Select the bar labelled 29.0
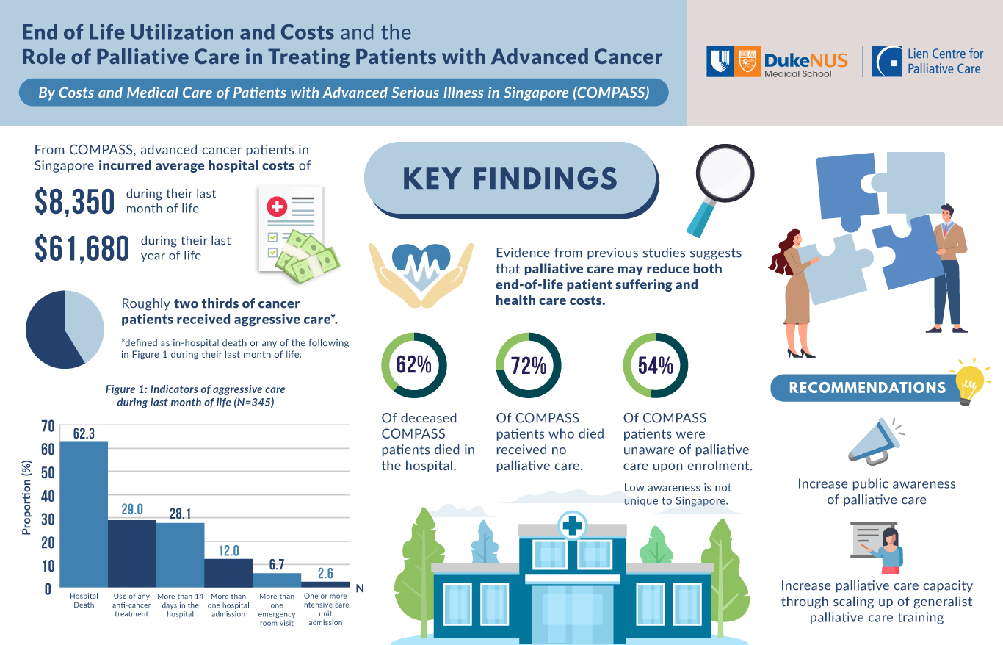click(x=132, y=552)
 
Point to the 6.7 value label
click(x=277, y=564)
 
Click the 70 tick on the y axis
click(x=48, y=426)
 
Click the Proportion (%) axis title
click(x=27, y=497)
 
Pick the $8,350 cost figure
click(x=75, y=202)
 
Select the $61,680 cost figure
click(x=82, y=250)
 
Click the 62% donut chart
click(x=413, y=365)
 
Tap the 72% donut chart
click(x=529, y=365)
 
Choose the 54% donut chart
click(x=655, y=365)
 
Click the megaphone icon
click(x=875, y=443)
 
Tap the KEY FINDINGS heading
click(x=510, y=179)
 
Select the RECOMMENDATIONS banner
click(x=867, y=388)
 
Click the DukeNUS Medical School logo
click(x=777, y=62)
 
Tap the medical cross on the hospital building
click(x=572, y=525)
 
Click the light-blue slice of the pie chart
click(x=87, y=322)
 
